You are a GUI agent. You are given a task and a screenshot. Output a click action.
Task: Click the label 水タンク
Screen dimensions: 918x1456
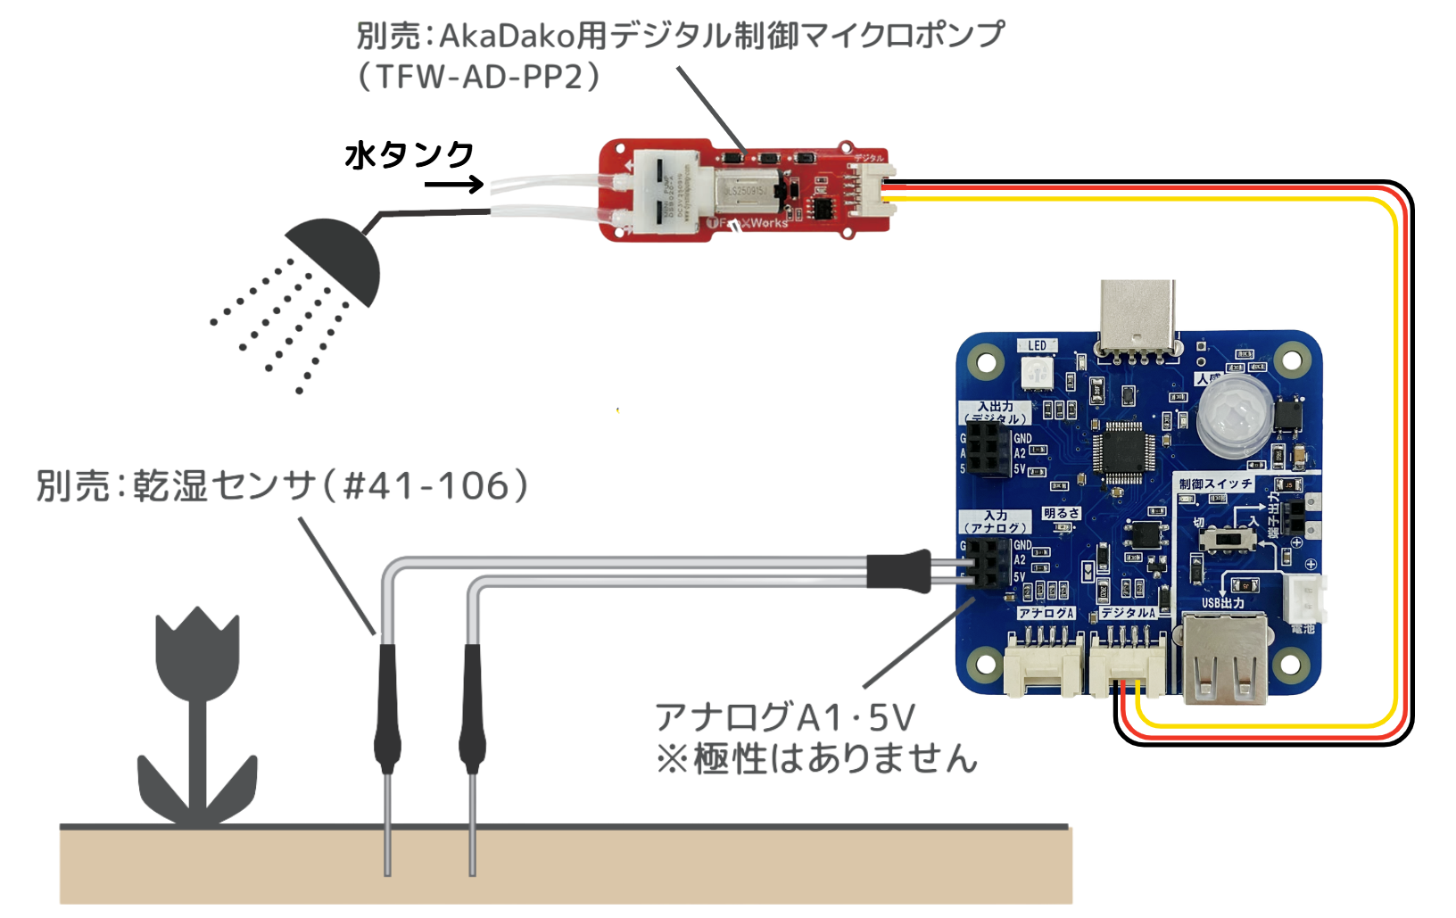409,155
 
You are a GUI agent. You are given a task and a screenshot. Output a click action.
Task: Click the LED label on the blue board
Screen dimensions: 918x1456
1037,346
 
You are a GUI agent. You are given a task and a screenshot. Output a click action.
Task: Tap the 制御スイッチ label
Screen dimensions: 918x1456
1215,484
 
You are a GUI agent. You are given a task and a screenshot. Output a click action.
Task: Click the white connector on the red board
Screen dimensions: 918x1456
872,189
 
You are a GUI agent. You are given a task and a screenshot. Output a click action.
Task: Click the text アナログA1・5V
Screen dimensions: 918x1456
785,717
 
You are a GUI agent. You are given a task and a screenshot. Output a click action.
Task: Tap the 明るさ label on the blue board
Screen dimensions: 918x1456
1062,514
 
